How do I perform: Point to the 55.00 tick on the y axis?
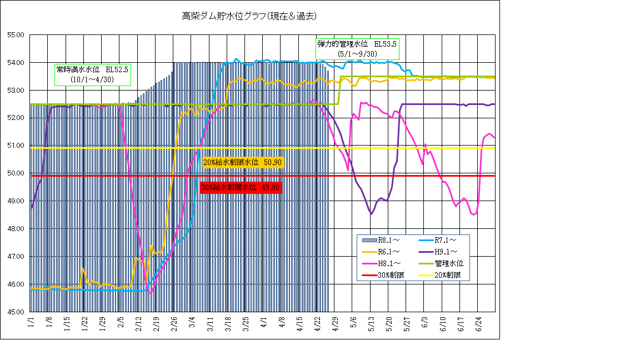[16, 35]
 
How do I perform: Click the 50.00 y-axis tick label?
[16, 173]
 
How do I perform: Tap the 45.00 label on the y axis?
[16, 312]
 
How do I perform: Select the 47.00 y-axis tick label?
[16, 257]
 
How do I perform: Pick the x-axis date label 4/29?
[335, 324]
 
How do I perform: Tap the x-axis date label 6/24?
[478, 324]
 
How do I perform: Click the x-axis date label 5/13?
[371, 324]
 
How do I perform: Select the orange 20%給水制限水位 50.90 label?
[243, 162]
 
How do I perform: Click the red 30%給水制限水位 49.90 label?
[241, 188]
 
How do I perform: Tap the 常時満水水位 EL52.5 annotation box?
[92, 74]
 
